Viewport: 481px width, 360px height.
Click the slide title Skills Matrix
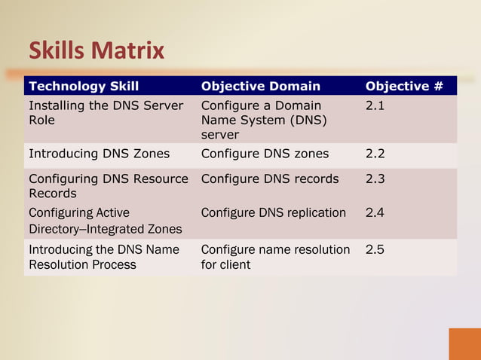(x=97, y=51)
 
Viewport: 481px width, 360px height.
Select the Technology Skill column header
(x=84, y=86)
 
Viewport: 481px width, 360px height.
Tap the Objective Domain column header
(x=260, y=86)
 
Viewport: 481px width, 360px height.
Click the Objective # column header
(x=403, y=86)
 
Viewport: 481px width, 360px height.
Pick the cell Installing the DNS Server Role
(x=106, y=113)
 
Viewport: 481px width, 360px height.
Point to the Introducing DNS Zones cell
(x=99, y=154)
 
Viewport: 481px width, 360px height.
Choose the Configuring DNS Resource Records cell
(x=108, y=186)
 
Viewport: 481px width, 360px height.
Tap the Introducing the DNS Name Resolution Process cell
(x=103, y=257)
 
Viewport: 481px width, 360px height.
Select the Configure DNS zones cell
(x=265, y=154)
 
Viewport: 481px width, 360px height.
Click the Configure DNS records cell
(x=270, y=179)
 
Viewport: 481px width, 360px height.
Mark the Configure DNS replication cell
(x=273, y=213)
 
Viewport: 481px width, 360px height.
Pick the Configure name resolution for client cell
(x=275, y=257)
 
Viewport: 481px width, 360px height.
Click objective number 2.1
(x=375, y=106)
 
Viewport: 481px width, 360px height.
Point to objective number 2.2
(x=375, y=154)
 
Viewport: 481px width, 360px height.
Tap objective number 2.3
(x=375, y=179)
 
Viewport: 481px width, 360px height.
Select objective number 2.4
(x=375, y=213)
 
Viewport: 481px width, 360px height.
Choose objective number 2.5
(x=375, y=249)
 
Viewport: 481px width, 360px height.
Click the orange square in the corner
(x=464, y=343)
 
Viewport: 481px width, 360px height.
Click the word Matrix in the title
(x=127, y=51)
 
